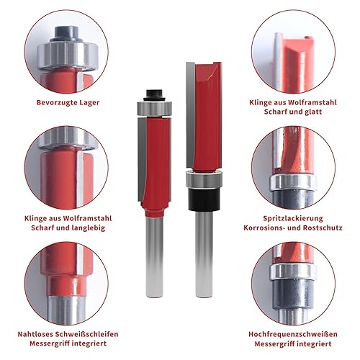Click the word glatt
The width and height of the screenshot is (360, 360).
coord(313,112)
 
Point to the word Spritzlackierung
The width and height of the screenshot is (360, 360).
coord(293,218)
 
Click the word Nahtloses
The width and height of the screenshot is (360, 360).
coord(35,334)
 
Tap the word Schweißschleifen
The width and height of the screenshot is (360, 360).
coord(86,334)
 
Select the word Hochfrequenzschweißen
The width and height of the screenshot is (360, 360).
coord(293,334)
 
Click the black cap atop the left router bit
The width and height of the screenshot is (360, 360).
coord(154,95)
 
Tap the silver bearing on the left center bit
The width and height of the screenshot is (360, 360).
coord(154,109)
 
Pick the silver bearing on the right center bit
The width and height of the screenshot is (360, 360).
coord(204,180)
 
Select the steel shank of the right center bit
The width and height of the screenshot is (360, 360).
coord(204,254)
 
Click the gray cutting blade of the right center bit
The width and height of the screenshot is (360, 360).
coord(191,115)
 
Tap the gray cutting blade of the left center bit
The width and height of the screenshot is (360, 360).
coord(142,160)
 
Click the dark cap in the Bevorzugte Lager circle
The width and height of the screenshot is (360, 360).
coord(66,34)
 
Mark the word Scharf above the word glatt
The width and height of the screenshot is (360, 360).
coord(275,112)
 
